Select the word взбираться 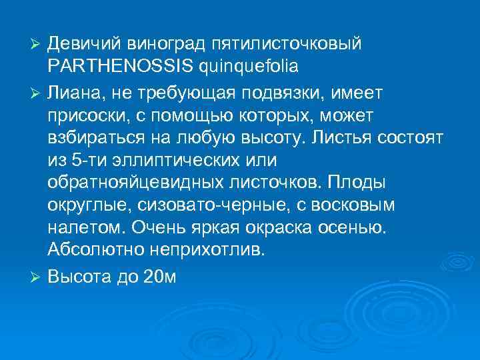[x=90, y=137]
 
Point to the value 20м [x=160, y=275]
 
